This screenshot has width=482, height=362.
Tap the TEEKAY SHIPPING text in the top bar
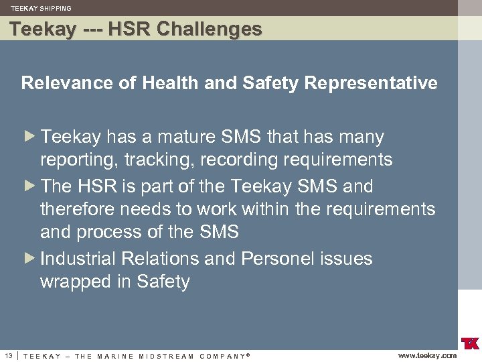41,8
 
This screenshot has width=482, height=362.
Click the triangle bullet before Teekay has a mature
28,137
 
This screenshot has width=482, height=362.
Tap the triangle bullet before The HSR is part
28,186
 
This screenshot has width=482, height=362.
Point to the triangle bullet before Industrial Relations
28,258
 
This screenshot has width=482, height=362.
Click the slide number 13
8,355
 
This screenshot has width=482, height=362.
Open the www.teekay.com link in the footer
427,355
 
